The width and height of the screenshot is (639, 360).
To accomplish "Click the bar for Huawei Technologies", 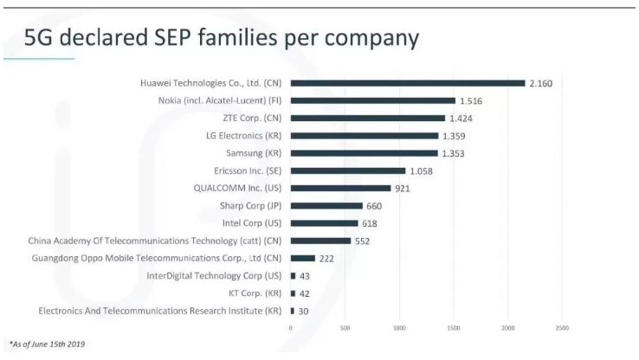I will (408, 83).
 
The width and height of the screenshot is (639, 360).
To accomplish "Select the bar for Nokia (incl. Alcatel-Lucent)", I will (372, 100).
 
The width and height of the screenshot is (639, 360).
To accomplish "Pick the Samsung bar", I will (365, 153).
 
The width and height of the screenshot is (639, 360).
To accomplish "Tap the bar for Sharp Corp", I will (326, 206).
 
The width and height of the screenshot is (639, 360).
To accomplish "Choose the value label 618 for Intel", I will (371, 223).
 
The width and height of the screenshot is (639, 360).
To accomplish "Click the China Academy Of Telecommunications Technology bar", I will (320, 241).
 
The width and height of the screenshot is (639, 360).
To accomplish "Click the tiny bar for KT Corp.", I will (293, 293).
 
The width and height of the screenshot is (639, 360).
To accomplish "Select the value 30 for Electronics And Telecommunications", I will (304, 311).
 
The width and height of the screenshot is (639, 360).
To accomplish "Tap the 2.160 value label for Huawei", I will (541, 83).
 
